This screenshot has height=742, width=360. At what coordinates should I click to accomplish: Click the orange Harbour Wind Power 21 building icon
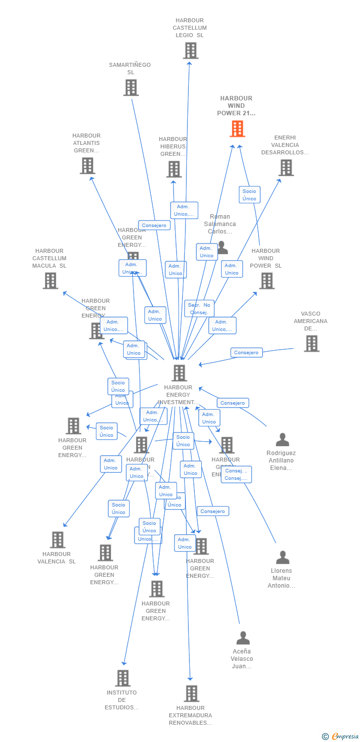[x=237, y=129]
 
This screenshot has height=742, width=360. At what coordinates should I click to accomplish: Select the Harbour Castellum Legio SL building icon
[x=190, y=50]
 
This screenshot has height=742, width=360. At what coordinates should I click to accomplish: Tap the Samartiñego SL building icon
[x=131, y=88]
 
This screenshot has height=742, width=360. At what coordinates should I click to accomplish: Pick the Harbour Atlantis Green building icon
[x=87, y=166]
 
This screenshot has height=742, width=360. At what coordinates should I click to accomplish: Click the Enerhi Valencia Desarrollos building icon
[x=285, y=168]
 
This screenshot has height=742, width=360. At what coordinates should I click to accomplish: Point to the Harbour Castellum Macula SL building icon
[x=50, y=280]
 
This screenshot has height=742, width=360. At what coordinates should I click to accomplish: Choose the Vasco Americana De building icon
[x=311, y=343]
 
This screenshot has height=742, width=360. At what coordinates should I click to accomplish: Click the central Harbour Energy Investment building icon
[x=179, y=373]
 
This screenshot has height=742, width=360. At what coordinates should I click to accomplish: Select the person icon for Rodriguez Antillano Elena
[x=282, y=439]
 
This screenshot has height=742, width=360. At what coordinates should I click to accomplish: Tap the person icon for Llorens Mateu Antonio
[x=282, y=557]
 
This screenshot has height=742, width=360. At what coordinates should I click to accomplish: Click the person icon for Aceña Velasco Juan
[x=243, y=638]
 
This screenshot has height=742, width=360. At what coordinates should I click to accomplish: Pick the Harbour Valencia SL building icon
[x=58, y=540]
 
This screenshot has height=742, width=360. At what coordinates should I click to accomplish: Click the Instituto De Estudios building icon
[x=123, y=678]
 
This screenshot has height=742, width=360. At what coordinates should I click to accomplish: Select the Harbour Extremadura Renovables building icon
[x=191, y=694]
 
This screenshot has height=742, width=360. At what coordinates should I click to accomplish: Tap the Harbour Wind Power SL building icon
[x=267, y=280]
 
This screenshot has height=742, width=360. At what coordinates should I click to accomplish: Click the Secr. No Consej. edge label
[x=199, y=309]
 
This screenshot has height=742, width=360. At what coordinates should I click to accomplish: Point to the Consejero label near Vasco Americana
[x=246, y=353]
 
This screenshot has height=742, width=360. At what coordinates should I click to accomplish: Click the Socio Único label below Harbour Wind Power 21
[x=249, y=195]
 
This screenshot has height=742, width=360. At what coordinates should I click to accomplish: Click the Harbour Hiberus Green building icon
[x=174, y=169]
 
